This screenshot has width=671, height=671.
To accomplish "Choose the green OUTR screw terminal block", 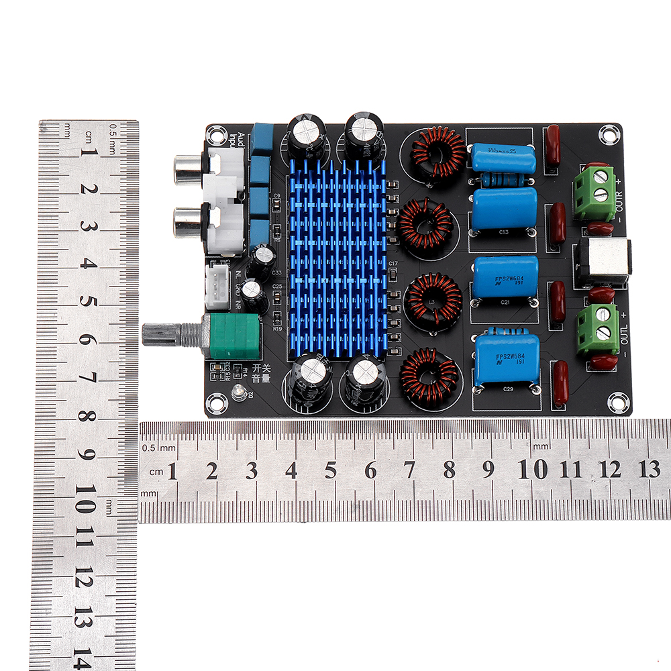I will [595, 195].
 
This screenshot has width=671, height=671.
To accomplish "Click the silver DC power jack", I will [603, 262].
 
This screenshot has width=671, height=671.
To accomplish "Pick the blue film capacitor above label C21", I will [506, 276].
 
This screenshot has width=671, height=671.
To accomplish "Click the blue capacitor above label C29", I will [507, 360].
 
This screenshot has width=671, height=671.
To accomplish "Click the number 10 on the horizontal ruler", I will [533, 470].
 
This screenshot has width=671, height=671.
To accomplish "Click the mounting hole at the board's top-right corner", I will [608, 134].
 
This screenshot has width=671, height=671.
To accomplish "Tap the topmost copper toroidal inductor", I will [437, 153].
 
